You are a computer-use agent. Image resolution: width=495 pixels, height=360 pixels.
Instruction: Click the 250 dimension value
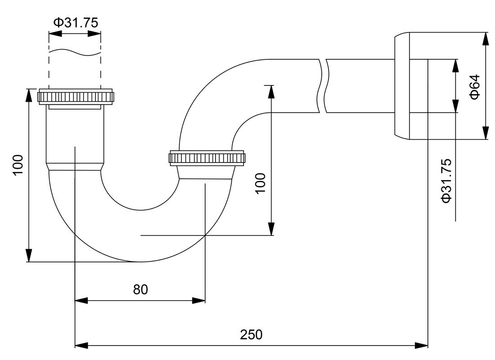251,335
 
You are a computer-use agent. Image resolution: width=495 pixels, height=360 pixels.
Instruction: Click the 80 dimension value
140,289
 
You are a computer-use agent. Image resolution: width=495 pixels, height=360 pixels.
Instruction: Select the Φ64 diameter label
474,86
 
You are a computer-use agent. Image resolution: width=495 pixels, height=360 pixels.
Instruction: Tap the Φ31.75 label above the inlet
76,22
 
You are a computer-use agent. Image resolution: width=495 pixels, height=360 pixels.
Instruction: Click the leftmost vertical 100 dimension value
18,164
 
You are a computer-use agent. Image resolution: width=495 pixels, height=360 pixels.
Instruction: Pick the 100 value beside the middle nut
260,183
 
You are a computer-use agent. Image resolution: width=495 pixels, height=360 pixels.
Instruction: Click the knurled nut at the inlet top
75,96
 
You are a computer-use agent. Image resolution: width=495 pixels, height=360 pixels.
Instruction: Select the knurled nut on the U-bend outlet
207,158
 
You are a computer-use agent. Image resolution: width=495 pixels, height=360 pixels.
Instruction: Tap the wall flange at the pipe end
402,85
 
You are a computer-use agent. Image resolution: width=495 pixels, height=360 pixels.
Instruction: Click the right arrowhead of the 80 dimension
198,300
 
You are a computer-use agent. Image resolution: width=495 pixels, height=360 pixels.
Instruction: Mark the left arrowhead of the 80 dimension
81,300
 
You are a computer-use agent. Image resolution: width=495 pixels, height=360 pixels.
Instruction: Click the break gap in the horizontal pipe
323,85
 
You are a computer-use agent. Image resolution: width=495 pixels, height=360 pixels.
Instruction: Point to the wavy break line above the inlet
75,52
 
